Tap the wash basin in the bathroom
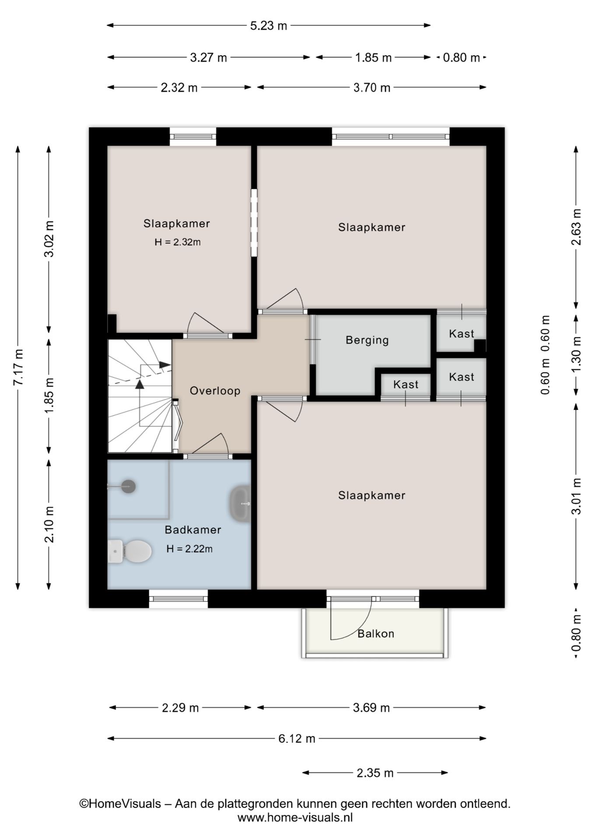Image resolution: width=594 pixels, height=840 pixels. click(240, 504)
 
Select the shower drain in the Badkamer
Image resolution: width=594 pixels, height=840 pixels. click(128, 486)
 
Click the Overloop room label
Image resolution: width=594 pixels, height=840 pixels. click(215, 391)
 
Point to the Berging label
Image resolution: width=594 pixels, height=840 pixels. click(367, 340)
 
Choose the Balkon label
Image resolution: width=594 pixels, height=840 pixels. click(376, 633)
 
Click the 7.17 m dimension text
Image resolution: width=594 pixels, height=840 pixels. click(18, 367)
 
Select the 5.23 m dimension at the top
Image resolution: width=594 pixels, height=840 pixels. click(269, 26)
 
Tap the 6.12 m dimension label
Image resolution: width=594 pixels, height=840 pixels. click(297, 738)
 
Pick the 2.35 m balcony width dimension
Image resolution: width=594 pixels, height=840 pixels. click(375, 773)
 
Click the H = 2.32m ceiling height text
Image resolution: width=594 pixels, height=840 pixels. click(177, 242)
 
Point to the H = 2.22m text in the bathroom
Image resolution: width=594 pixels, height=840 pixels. click(189, 549)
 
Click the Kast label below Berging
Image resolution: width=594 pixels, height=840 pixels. click(405, 385)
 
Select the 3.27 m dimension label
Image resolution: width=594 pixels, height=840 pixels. click(208, 57)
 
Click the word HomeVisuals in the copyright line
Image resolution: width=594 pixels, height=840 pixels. click(125, 804)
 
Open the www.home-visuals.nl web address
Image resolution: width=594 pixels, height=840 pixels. click(295, 817)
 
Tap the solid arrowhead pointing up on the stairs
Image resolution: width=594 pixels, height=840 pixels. click(140, 384)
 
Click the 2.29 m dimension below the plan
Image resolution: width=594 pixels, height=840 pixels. click(180, 707)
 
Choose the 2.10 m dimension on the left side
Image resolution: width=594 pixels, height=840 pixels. click(49, 524)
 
